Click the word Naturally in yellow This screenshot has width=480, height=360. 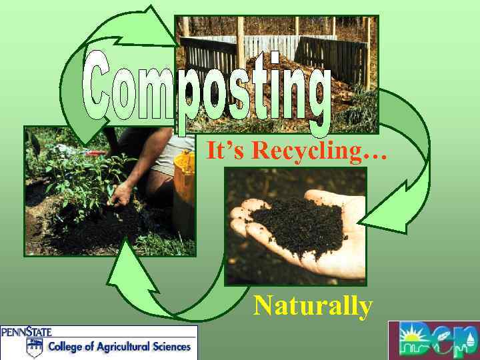pos(312,306)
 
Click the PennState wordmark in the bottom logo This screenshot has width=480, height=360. pos(27,331)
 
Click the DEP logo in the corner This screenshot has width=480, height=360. pos(434,341)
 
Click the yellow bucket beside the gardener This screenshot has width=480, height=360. pos(184,180)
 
